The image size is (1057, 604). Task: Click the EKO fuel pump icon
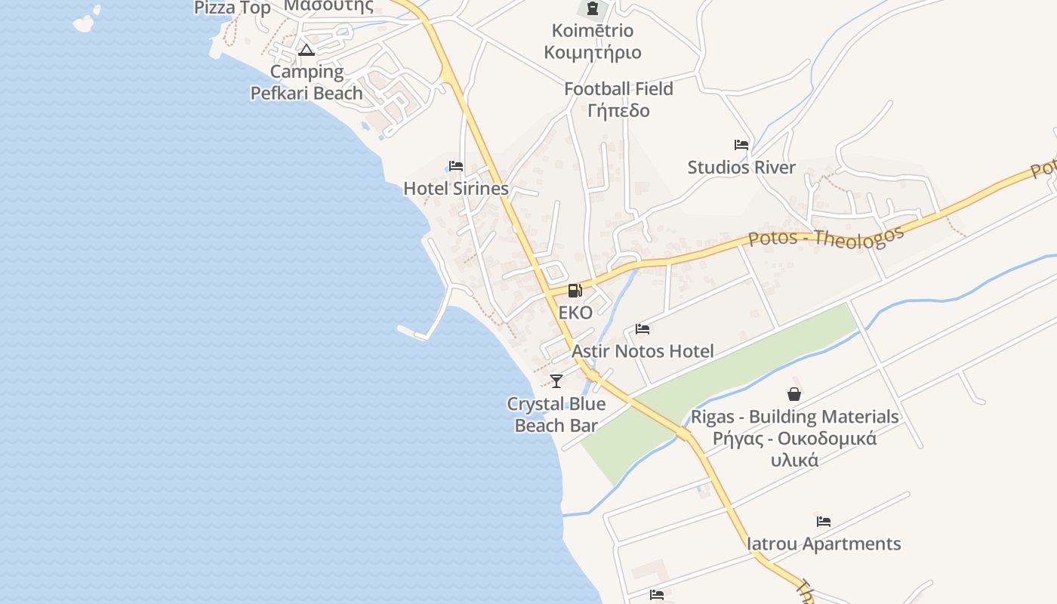pyautogui.click(x=575, y=290)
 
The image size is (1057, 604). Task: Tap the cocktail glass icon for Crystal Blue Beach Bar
pyautogui.click(x=556, y=381)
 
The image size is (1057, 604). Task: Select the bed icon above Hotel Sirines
pyautogui.click(x=456, y=166)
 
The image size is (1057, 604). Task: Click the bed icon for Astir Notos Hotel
pyautogui.click(x=643, y=329)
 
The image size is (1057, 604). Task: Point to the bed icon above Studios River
pyautogui.click(x=741, y=145)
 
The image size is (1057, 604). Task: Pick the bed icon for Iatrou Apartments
pyautogui.click(x=824, y=522)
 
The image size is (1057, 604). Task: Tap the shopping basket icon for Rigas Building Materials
pyautogui.click(x=794, y=394)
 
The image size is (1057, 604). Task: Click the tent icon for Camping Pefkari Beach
pyautogui.click(x=306, y=51)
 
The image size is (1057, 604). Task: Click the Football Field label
pyautogui.click(x=618, y=88)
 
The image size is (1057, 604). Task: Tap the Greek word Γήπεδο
pyautogui.click(x=618, y=110)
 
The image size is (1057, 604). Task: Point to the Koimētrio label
pyautogui.click(x=593, y=31)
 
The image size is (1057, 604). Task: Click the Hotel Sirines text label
pyautogui.click(x=456, y=188)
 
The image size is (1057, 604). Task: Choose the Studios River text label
pyautogui.click(x=741, y=167)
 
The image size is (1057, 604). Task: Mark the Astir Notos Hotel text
pyautogui.click(x=643, y=351)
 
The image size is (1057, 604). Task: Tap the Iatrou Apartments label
pyautogui.click(x=824, y=544)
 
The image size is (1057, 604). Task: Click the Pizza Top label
pyautogui.click(x=233, y=8)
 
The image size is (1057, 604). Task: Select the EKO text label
pyautogui.click(x=575, y=313)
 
